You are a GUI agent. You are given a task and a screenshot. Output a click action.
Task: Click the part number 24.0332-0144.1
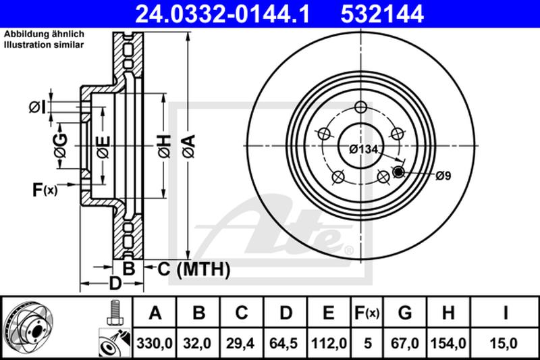pos(223,14)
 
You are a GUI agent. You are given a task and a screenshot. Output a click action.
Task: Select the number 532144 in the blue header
pos(382,14)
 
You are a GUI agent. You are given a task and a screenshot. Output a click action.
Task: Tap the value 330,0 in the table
pos(155,344)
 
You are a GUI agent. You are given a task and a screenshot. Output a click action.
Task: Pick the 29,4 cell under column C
pos(240,344)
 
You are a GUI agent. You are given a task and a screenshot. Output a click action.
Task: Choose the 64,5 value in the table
pos(283,344)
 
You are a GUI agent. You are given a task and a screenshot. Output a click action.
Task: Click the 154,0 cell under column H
pos(448,344)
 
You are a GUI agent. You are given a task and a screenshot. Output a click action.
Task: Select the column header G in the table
pos(404,313)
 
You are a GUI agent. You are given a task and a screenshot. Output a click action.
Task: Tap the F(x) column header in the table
pos(367,313)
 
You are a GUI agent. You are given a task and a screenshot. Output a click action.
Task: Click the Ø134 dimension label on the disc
pos(363,149)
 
